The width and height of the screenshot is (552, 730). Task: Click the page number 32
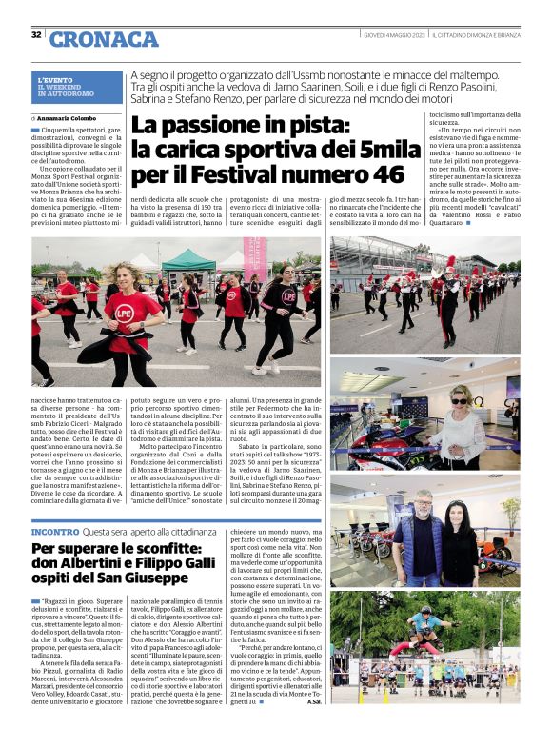click(x=36, y=35)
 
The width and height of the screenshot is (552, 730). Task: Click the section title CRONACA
click(x=104, y=39)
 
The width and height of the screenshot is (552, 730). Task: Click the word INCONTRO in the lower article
click(x=55, y=531)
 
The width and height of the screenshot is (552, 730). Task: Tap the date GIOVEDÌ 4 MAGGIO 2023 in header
click(x=394, y=35)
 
